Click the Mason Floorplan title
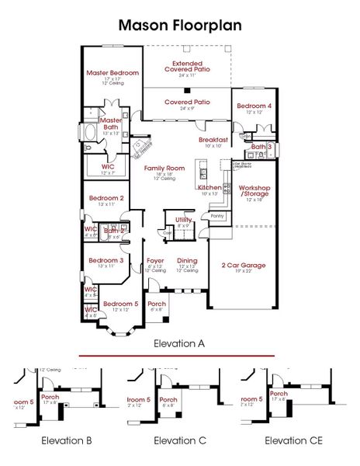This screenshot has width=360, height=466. click(180, 25)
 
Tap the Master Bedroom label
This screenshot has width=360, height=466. click(112, 73)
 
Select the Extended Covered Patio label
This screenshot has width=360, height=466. click(186, 66)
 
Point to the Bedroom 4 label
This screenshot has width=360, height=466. click(254, 106)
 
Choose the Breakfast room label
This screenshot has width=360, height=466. click(213, 139)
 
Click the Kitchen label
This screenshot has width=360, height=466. click(209, 188)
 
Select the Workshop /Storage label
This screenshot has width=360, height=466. click(254, 191)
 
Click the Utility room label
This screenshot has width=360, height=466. click(183, 220)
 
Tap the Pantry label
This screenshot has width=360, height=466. click(216, 216)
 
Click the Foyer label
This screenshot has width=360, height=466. click(155, 261)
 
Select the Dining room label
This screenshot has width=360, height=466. click(187, 261)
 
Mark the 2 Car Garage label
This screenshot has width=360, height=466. click(243, 265)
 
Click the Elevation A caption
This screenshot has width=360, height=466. click(180, 343)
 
